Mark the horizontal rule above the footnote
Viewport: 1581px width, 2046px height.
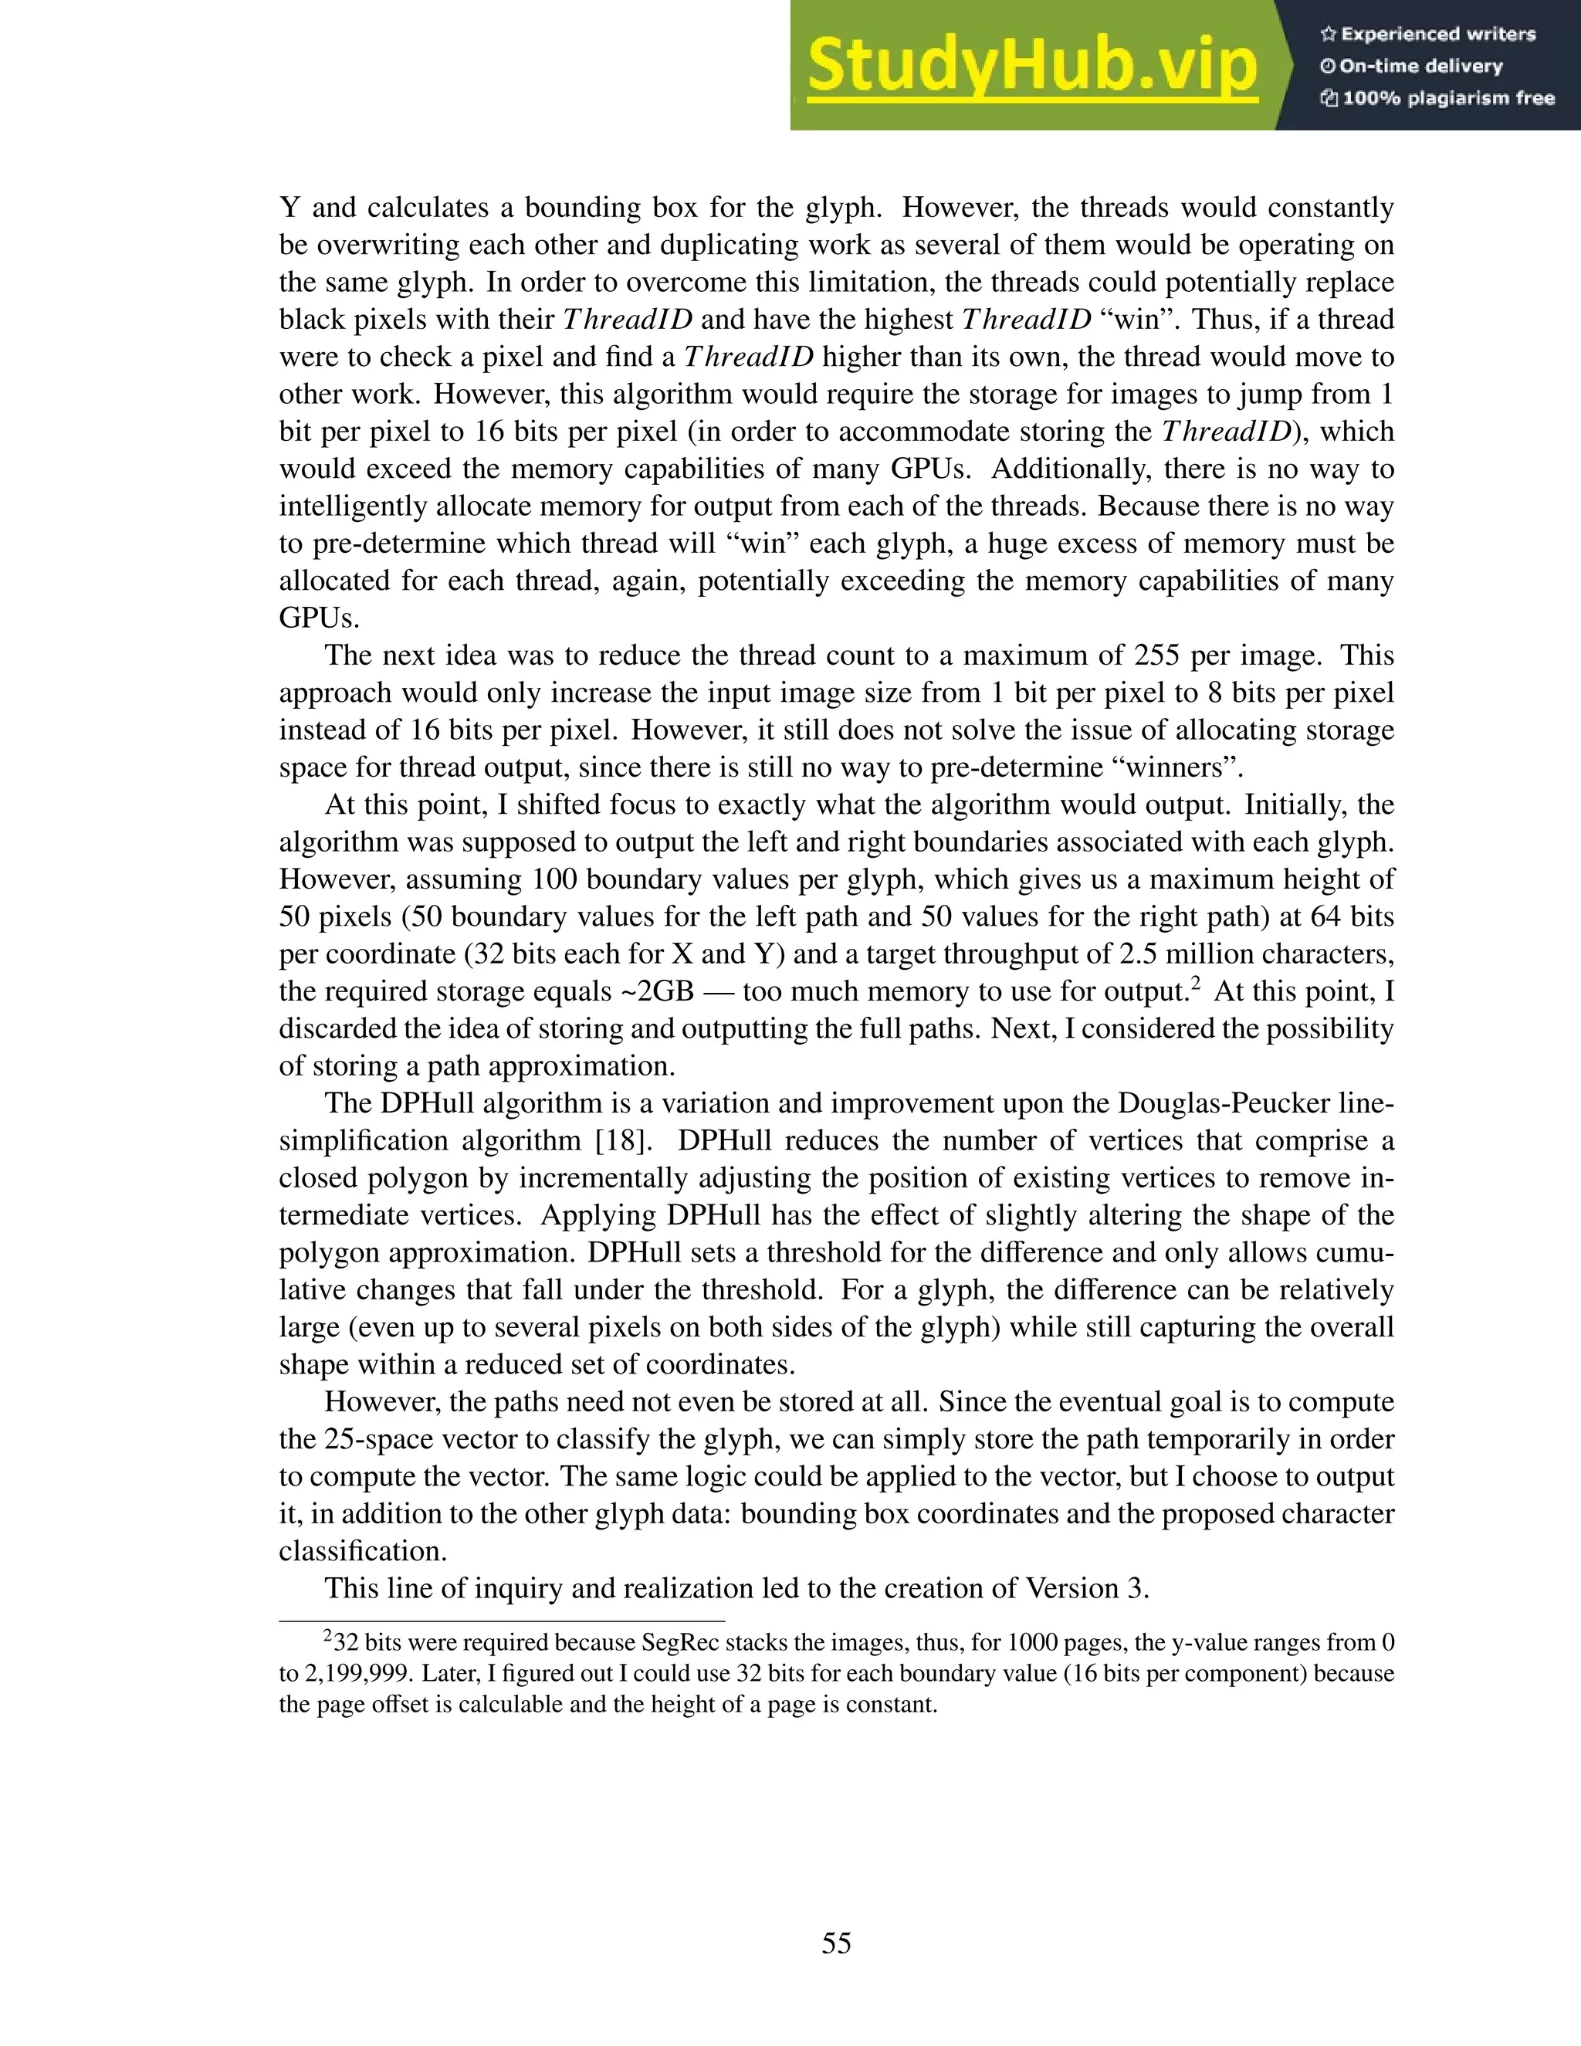pyautogui.click(x=502, y=1621)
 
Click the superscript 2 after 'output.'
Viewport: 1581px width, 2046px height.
pyautogui.click(x=1196, y=983)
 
